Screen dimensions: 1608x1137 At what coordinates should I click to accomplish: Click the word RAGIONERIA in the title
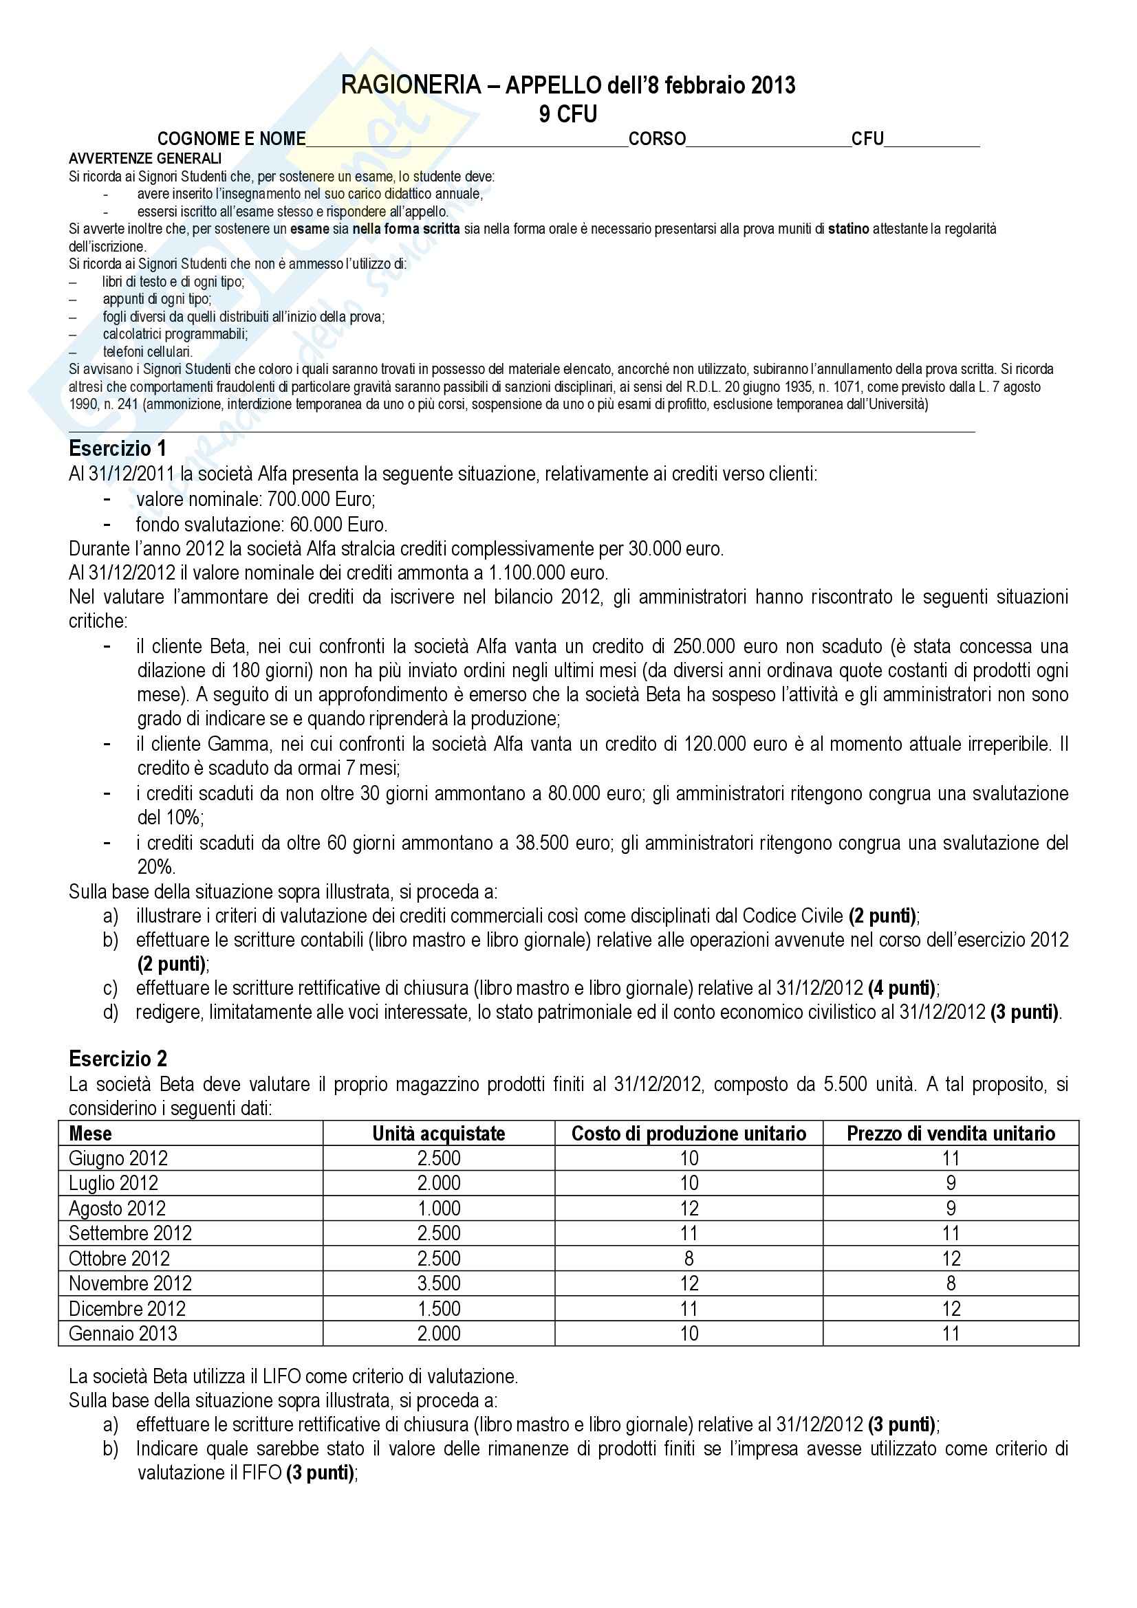411,85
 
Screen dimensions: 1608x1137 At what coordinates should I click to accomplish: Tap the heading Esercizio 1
118,448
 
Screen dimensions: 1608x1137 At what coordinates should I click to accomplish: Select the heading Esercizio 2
118,1058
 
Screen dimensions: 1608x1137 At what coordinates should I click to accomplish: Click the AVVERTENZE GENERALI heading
145,159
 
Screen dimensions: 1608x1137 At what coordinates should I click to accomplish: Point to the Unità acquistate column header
439,1133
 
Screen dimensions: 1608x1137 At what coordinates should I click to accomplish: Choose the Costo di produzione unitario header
689,1133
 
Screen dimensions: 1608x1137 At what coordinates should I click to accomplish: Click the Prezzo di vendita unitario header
951,1133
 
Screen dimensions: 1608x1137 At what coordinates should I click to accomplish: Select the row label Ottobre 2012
119,1259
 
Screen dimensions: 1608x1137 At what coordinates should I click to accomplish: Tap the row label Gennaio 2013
123,1334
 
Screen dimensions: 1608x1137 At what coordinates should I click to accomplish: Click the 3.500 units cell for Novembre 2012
439,1283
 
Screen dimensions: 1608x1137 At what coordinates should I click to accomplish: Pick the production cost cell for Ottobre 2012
689,1259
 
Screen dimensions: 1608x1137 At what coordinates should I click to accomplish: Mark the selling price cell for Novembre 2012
951,1283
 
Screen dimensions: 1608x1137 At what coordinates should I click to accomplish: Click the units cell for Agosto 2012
439,1208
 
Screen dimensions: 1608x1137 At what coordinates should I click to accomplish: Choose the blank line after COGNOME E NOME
466,140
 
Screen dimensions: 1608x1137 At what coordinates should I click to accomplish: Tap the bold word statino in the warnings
848,229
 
